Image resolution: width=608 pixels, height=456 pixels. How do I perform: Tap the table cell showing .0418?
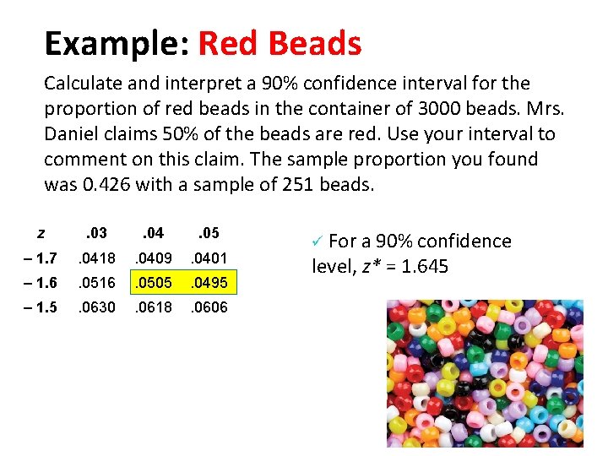pyautogui.click(x=96, y=258)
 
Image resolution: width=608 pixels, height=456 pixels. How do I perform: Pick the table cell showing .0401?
pyautogui.click(x=208, y=258)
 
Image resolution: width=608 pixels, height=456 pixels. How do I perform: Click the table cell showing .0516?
pyautogui.click(x=96, y=282)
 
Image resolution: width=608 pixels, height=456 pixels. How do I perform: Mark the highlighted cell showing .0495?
pyautogui.click(x=208, y=282)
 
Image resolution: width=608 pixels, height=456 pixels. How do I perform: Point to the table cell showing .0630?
pyautogui.click(x=96, y=307)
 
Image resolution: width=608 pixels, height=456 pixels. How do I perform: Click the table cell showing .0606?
pyautogui.click(x=208, y=307)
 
